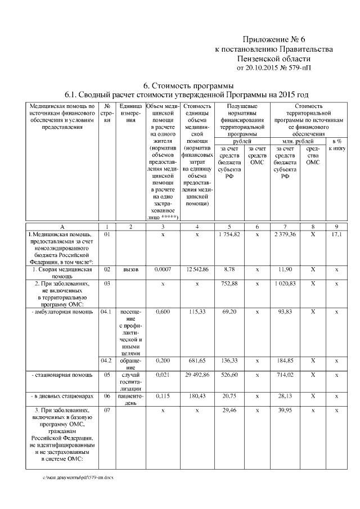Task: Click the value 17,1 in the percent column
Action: coord(336,233)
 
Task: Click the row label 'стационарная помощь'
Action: coord(58,375)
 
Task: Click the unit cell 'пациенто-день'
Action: coord(130,400)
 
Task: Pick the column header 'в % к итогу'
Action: coord(336,145)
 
